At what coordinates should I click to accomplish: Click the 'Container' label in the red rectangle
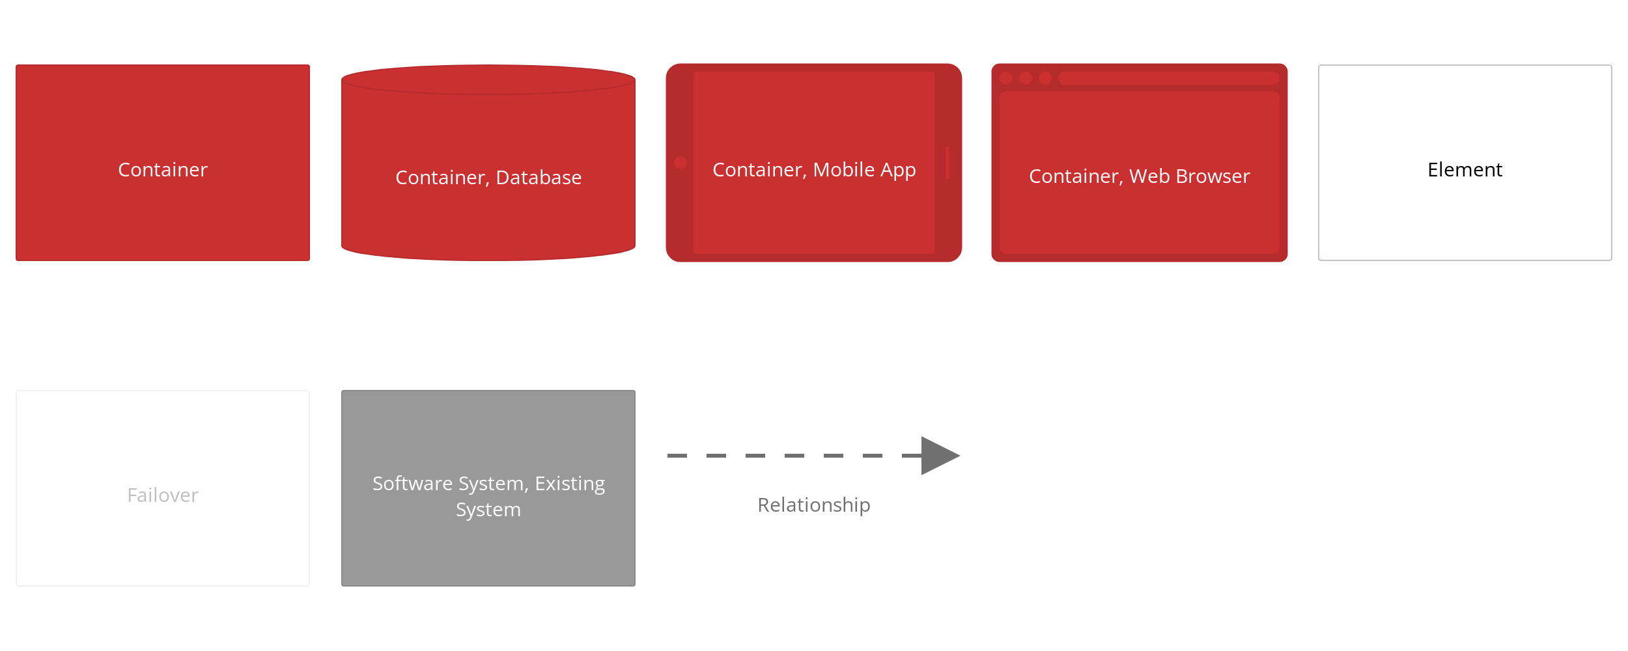point(163,170)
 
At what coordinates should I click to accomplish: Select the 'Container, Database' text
point(488,178)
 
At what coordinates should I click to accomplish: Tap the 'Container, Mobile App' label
point(814,170)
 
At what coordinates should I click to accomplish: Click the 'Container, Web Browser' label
point(1140,176)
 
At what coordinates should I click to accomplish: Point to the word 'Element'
point(1465,170)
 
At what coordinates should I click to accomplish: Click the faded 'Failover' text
point(163,495)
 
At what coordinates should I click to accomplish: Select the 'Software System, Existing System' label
point(488,496)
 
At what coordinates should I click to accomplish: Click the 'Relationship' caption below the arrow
point(814,505)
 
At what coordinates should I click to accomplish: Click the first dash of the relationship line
point(677,456)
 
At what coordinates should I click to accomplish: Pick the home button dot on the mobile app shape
point(681,163)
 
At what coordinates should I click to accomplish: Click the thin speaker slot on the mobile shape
point(947,163)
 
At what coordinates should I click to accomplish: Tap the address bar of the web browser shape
point(1169,78)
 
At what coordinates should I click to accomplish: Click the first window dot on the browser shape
point(1006,78)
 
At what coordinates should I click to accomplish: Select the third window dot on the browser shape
point(1045,78)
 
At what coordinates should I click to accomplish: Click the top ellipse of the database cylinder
point(488,79)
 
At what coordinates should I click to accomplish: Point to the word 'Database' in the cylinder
point(539,178)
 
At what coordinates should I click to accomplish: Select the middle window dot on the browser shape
point(1026,78)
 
